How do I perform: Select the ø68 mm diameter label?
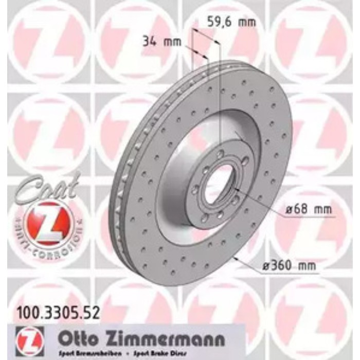pyautogui.click(x=309, y=210)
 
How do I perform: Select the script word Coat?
pyautogui.click(x=47, y=188)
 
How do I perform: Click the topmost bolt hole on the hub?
pyautogui.click(x=220, y=154)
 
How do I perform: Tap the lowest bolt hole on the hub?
pyautogui.click(x=205, y=218)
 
